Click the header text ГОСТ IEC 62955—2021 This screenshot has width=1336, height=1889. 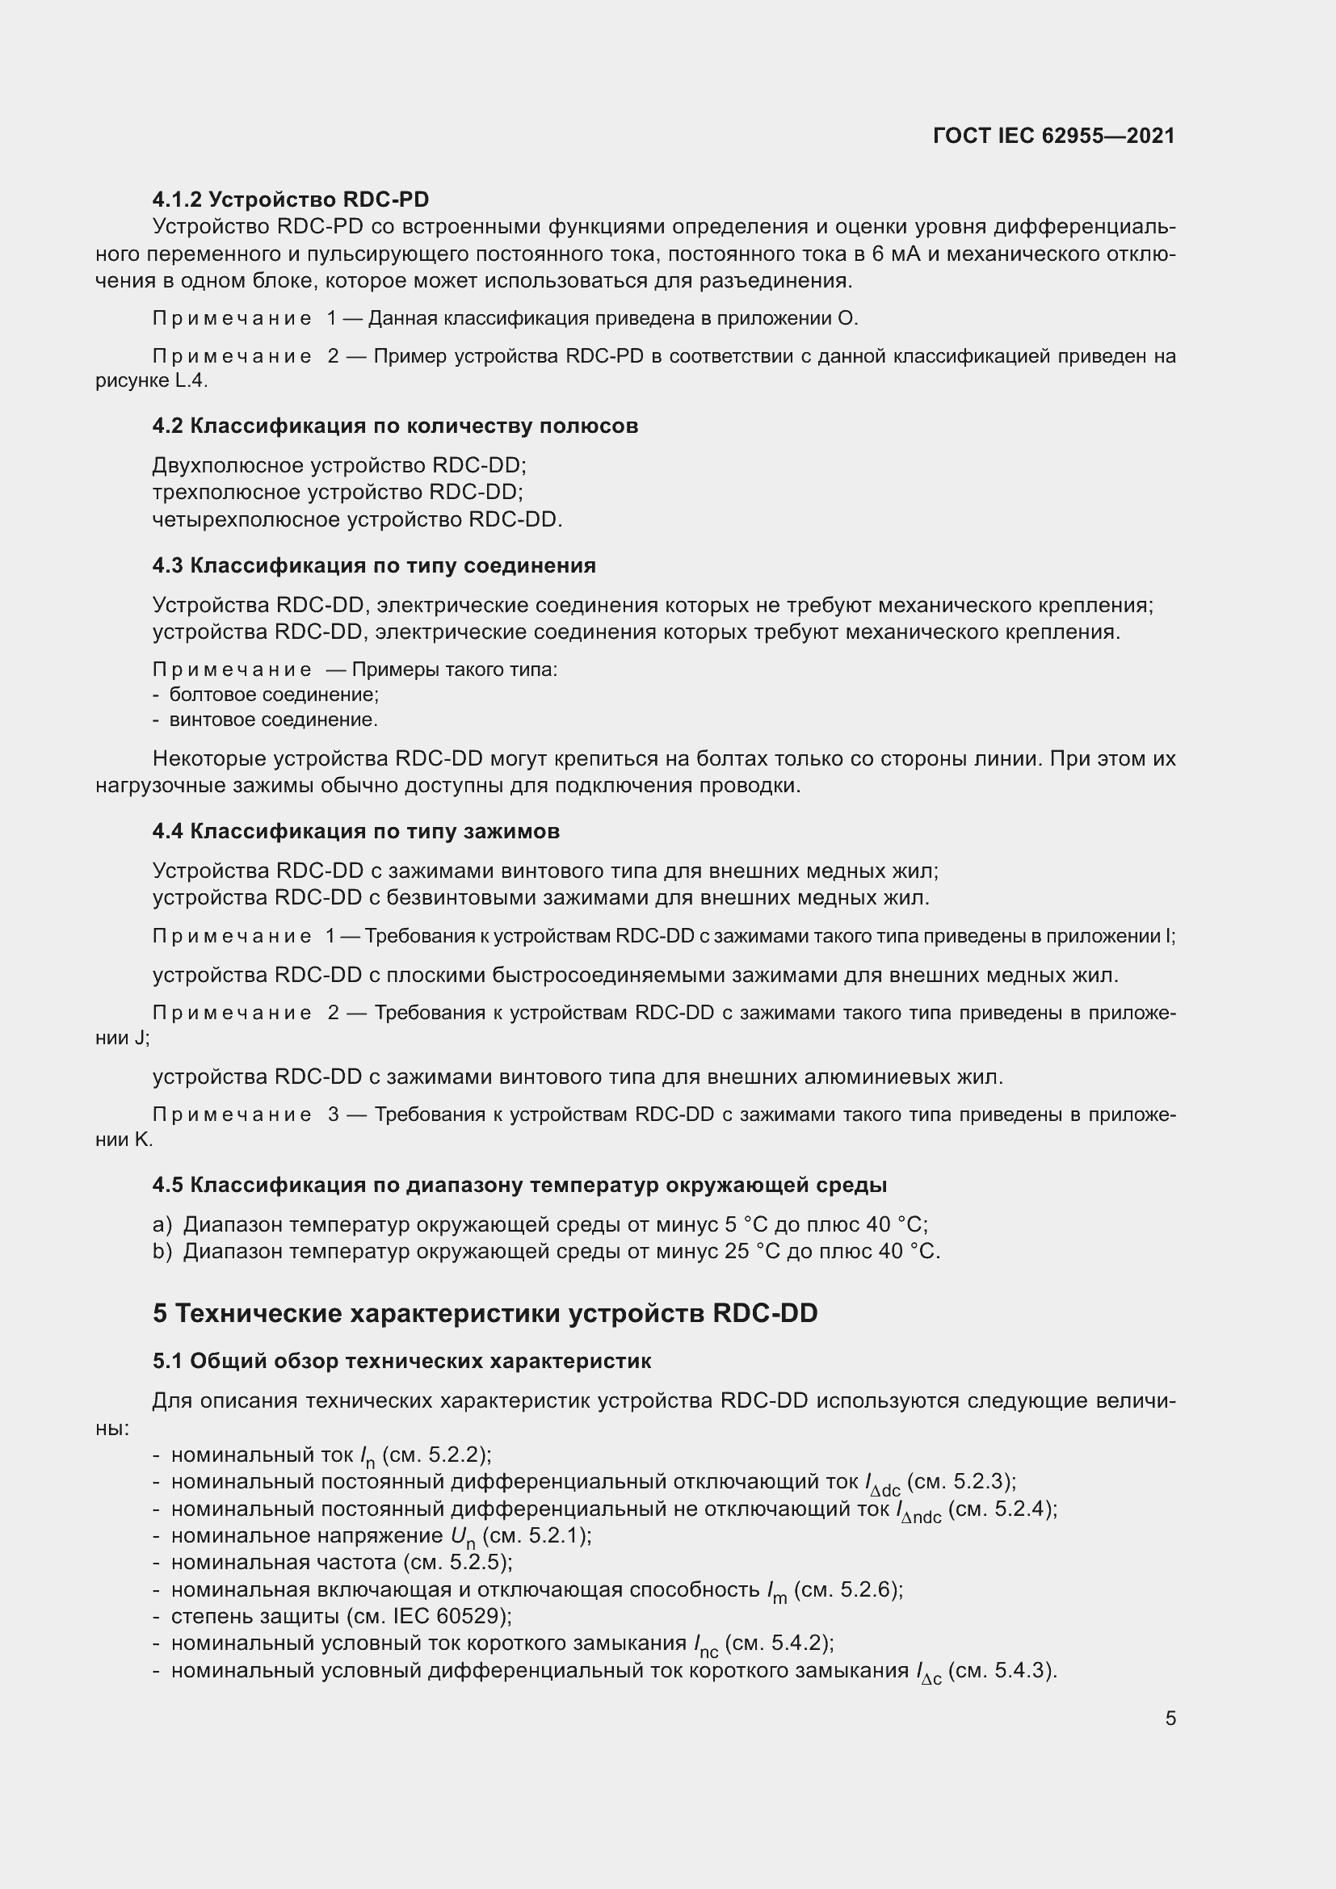(x=1054, y=136)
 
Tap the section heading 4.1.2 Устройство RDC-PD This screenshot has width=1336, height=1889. (x=291, y=199)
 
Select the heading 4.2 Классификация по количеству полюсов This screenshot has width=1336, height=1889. (x=395, y=426)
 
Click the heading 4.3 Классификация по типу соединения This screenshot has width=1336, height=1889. (x=373, y=565)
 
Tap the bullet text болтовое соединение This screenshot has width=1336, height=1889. (x=273, y=695)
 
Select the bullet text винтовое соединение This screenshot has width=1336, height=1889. (x=273, y=720)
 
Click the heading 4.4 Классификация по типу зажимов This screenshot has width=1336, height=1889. (x=355, y=831)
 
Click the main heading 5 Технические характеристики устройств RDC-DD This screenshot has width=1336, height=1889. (x=485, y=1313)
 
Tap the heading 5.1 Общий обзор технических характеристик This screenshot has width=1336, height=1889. (x=401, y=1361)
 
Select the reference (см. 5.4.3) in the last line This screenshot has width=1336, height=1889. (x=1001, y=1670)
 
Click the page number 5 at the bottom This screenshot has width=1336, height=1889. (x=1170, y=1719)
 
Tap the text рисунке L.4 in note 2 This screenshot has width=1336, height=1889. (x=151, y=381)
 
